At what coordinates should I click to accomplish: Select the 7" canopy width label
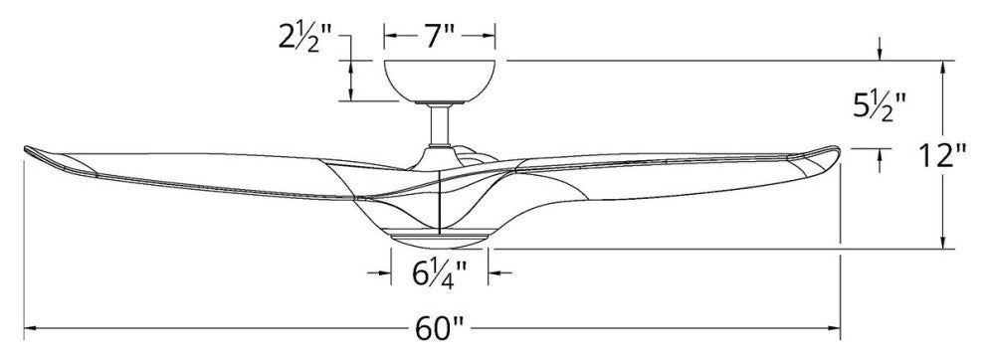click(438, 37)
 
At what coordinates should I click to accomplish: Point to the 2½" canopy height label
click(305, 40)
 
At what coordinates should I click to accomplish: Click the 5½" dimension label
click(880, 105)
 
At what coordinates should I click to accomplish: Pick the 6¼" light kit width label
click(439, 273)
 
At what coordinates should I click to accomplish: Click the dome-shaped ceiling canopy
click(439, 81)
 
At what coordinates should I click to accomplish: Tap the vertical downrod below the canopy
click(440, 124)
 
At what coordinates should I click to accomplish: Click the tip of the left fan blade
click(26, 149)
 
